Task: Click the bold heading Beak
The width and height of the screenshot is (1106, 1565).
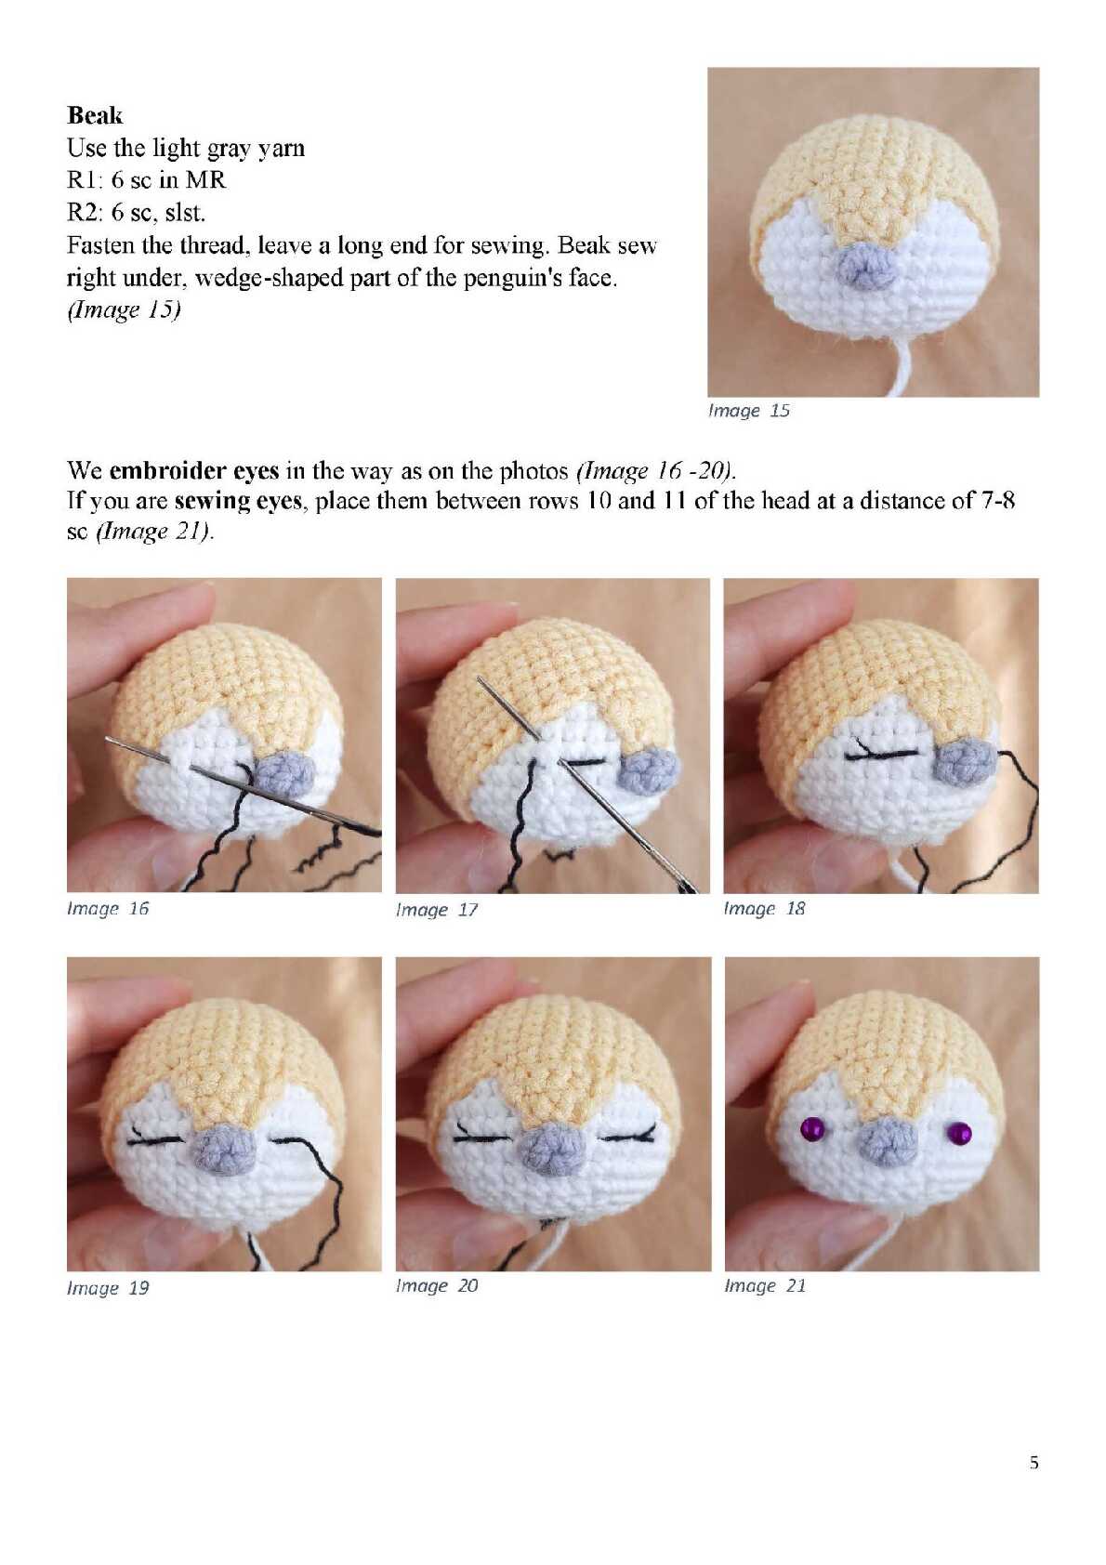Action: [x=94, y=115]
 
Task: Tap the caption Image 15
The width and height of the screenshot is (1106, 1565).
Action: [x=748, y=411]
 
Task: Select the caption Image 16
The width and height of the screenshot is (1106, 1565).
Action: [x=108, y=908]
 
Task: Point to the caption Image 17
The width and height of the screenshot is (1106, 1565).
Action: [x=437, y=910]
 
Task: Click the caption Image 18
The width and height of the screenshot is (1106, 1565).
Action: [x=764, y=908]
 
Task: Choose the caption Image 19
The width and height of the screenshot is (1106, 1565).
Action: [x=108, y=1288]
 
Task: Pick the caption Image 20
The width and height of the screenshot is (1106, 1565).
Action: [x=437, y=1285]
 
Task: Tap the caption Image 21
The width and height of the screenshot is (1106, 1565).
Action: [x=765, y=1285]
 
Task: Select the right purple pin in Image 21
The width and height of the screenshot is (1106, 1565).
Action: [x=960, y=1133]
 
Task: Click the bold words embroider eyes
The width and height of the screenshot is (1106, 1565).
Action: [x=194, y=471]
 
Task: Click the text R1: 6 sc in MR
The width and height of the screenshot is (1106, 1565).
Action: [x=147, y=180]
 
